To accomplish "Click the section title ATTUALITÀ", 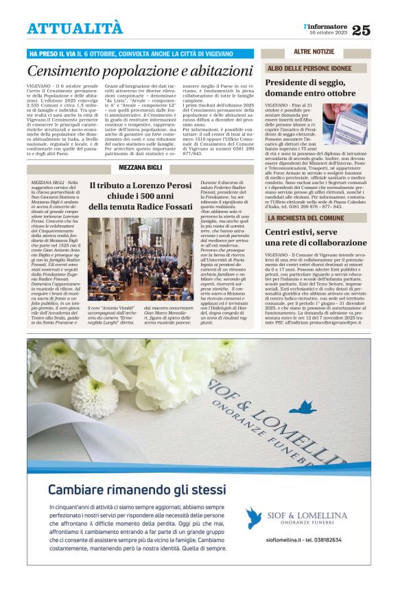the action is click(75, 28).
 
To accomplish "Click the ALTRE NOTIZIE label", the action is click(314, 52).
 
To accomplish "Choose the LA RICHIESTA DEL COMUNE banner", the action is click(315, 218).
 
